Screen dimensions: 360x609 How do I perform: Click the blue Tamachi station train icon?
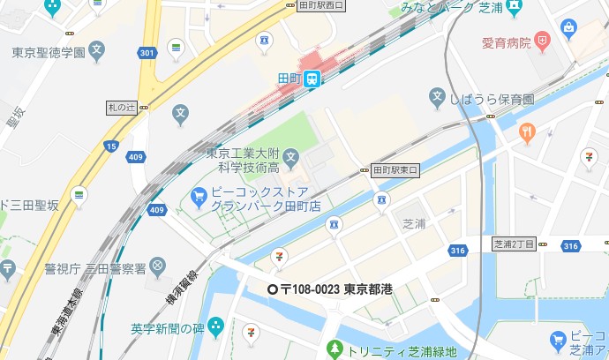click(313, 79)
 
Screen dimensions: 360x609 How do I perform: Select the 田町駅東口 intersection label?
click(394, 169)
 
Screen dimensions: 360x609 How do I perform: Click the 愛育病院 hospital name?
click(506, 41)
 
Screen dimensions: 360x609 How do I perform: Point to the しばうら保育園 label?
click(491, 98)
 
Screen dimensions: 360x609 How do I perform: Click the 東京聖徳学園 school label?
click(49, 53)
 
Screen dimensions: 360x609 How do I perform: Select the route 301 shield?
click(147, 54)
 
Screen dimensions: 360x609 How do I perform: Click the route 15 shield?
click(110, 145)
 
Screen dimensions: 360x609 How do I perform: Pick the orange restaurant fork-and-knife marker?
click(528, 133)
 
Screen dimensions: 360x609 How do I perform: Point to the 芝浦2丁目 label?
click(514, 243)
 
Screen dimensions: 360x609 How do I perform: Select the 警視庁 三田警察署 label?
click(96, 266)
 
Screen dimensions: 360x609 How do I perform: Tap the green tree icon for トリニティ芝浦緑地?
click(334, 349)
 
